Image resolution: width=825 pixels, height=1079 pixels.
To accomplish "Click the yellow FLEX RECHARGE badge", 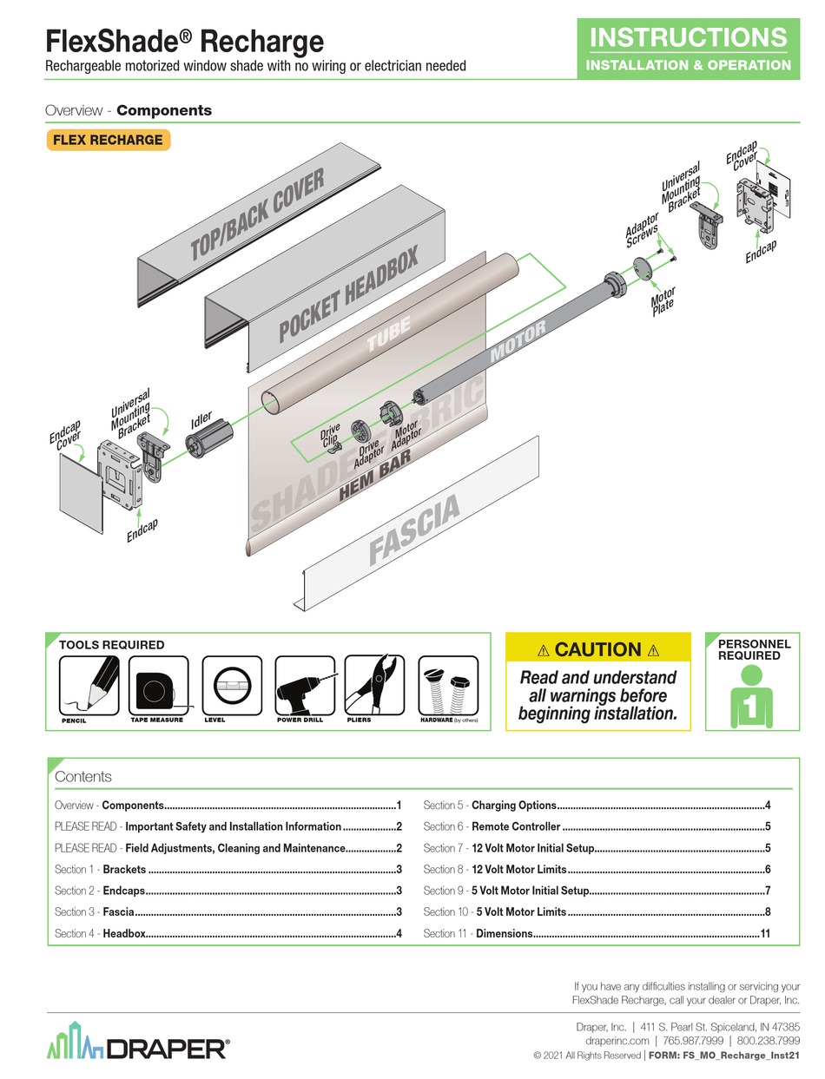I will click(108, 140).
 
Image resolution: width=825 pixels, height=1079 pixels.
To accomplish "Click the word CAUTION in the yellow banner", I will click(598, 649).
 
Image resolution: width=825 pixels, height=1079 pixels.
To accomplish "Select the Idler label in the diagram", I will click(201, 423).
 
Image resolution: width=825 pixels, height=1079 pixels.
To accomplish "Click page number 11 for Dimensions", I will click(765, 933).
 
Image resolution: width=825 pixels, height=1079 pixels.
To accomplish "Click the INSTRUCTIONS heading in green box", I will click(689, 37).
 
